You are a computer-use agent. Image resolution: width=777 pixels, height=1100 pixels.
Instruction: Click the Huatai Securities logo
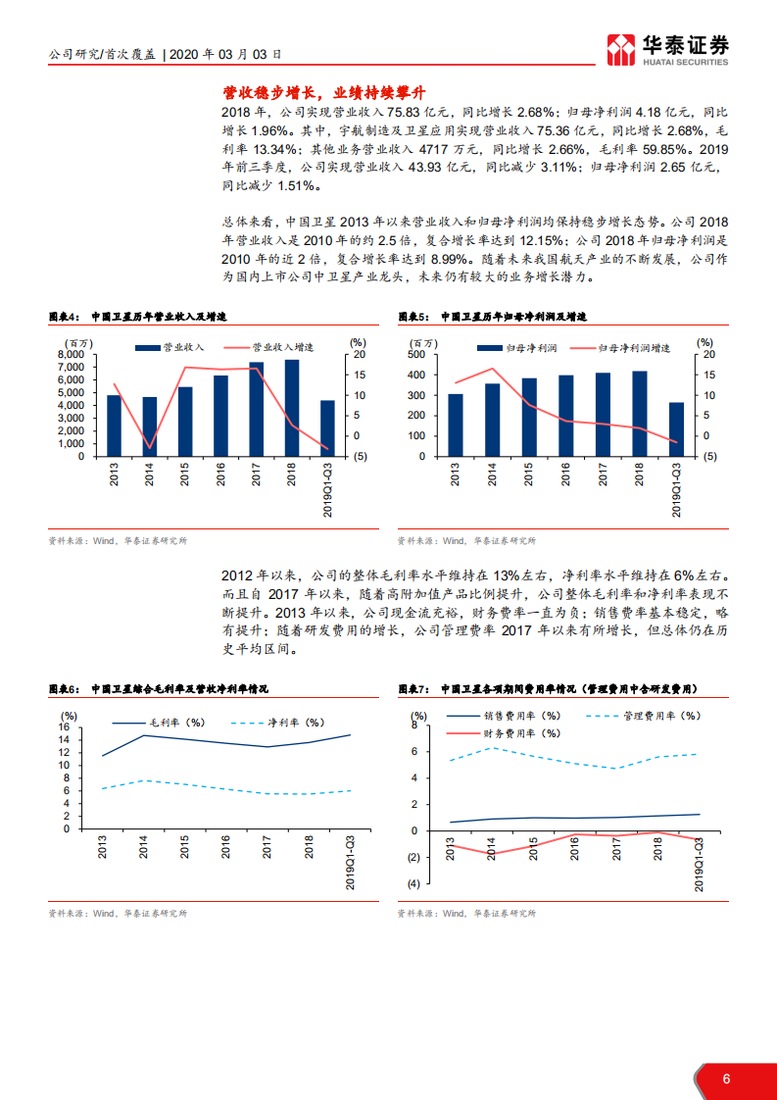[667, 49]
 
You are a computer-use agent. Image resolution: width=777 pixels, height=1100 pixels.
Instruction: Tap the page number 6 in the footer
[726, 1078]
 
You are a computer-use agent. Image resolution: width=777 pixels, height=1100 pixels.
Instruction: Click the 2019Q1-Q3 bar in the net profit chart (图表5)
[676, 429]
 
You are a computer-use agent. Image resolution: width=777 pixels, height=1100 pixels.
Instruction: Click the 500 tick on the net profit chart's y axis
[416, 354]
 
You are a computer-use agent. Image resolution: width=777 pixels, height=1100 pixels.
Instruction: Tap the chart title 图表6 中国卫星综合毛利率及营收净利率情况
[159, 689]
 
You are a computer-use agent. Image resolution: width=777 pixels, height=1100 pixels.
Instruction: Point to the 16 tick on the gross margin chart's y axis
[65, 726]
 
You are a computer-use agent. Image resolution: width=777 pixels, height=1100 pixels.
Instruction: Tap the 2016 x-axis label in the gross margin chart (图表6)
[226, 848]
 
